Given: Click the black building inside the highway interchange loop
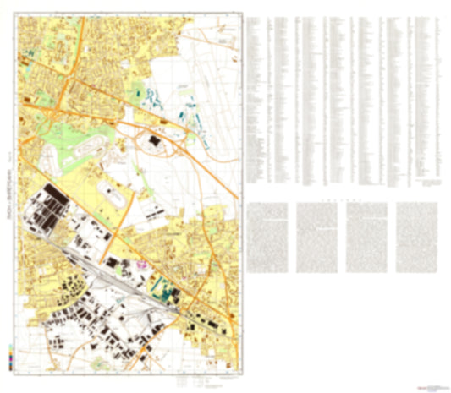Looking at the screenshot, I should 156,141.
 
